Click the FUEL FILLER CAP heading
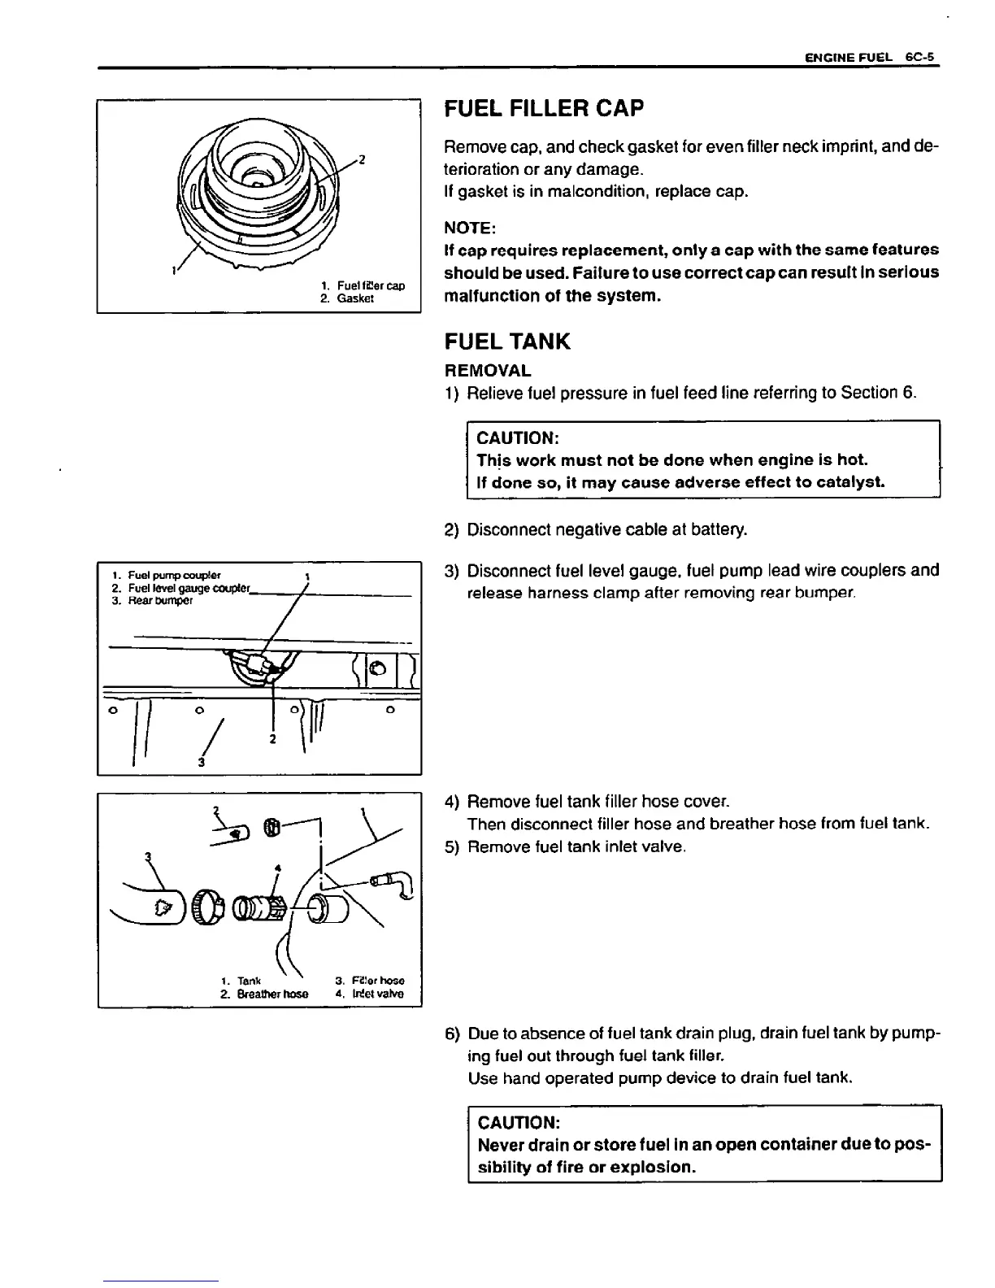coord(544,108)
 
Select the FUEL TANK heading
coord(507,342)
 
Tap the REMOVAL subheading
coord(488,371)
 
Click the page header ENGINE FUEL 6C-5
coord(871,58)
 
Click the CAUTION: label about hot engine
coord(514,438)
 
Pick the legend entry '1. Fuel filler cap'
coord(362,286)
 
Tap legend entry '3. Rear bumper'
coord(152,601)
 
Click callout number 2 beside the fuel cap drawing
coord(361,159)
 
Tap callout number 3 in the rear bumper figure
coord(200,763)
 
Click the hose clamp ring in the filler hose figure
coord(209,905)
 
